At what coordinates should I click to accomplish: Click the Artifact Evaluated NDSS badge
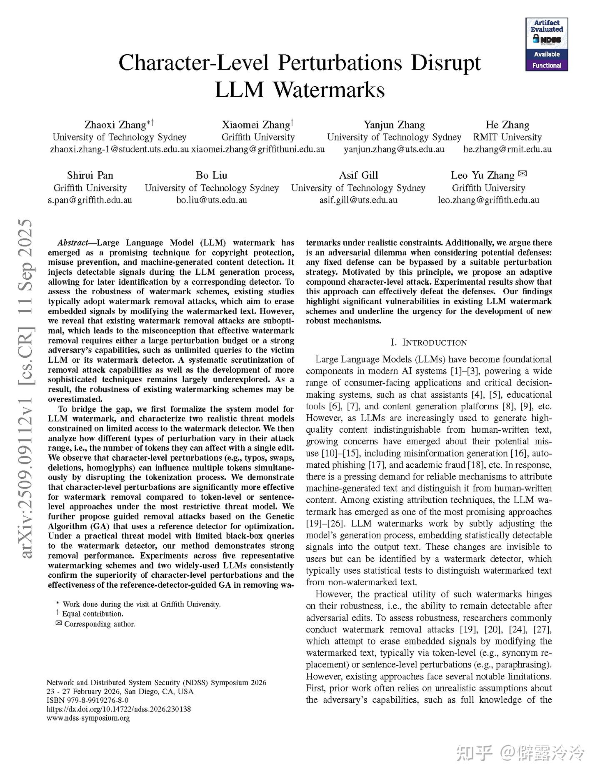pyautogui.click(x=547, y=44)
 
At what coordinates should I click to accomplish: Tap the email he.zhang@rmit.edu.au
pyautogui.click(x=507, y=149)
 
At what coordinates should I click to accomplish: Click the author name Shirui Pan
pyautogui.click(x=90, y=175)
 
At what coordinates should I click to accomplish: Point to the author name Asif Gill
pyautogui.click(x=358, y=175)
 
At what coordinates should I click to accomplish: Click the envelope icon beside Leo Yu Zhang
pyautogui.click(x=523, y=174)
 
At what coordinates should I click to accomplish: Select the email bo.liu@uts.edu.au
pyautogui.click(x=212, y=200)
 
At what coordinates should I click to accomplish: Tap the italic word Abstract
pyautogui.click(x=72, y=243)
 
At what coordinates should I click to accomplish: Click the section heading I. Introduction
pyautogui.click(x=429, y=343)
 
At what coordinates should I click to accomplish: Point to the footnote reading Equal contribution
pyautogui.click(x=92, y=614)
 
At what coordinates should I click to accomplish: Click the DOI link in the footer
pyautogui.click(x=118, y=709)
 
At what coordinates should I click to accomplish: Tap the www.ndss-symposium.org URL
pyautogui.click(x=88, y=718)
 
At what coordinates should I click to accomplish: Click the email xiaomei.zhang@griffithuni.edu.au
pyautogui.click(x=258, y=149)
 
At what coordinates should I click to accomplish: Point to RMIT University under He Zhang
pyautogui.click(x=507, y=137)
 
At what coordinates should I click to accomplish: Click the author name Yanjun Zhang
pyautogui.click(x=394, y=125)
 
